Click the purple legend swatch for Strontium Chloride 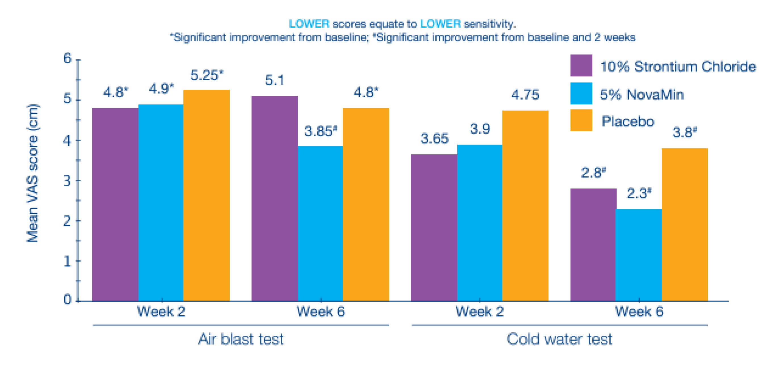[581, 65]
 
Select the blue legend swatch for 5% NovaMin [581, 93]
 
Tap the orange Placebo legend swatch [581, 120]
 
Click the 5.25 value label [206, 75]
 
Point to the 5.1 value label [274, 80]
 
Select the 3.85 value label [320, 131]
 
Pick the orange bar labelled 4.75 [525, 206]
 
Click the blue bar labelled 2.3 [638, 255]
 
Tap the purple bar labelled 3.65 [434, 228]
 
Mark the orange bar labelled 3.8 [684, 225]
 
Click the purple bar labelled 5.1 [274, 198]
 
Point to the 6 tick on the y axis [68, 58]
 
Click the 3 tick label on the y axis [68, 181]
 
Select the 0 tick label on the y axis [68, 300]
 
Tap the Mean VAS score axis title [33, 174]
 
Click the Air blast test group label [241, 339]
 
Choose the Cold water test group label [559, 339]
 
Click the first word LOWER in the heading [309, 24]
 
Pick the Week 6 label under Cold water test [639, 312]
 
